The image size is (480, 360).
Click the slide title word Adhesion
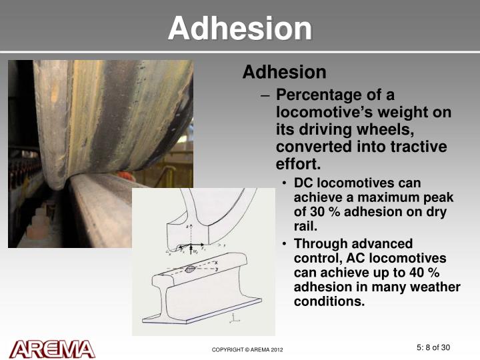pyautogui.click(x=240, y=29)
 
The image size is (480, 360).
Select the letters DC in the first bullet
pyautogui.click(x=304, y=183)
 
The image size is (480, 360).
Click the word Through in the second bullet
pyautogui.click(x=319, y=243)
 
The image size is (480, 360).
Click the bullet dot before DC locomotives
pyautogui.click(x=285, y=183)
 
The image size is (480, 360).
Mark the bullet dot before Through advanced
pyautogui.click(x=285, y=244)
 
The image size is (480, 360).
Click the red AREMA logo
pyautogui.click(x=52, y=349)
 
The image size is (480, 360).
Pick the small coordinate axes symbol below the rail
pyautogui.click(x=234, y=319)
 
